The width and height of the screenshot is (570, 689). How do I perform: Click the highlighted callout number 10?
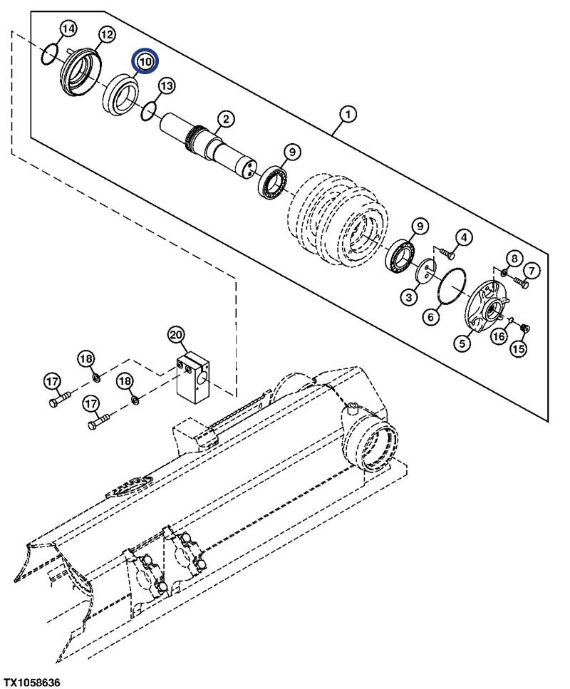(145, 62)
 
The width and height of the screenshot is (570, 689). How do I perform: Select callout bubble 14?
(68, 29)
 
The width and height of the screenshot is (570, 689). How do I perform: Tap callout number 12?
(106, 33)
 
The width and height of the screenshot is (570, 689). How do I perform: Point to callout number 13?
(166, 86)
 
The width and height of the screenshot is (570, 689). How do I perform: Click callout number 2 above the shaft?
(224, 118)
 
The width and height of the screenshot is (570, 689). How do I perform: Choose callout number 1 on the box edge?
(348, 114)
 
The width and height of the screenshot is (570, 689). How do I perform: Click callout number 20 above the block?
(176, 333)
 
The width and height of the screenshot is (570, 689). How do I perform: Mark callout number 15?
(517, 349)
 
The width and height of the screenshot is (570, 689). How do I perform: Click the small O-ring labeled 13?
(148, 111)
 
